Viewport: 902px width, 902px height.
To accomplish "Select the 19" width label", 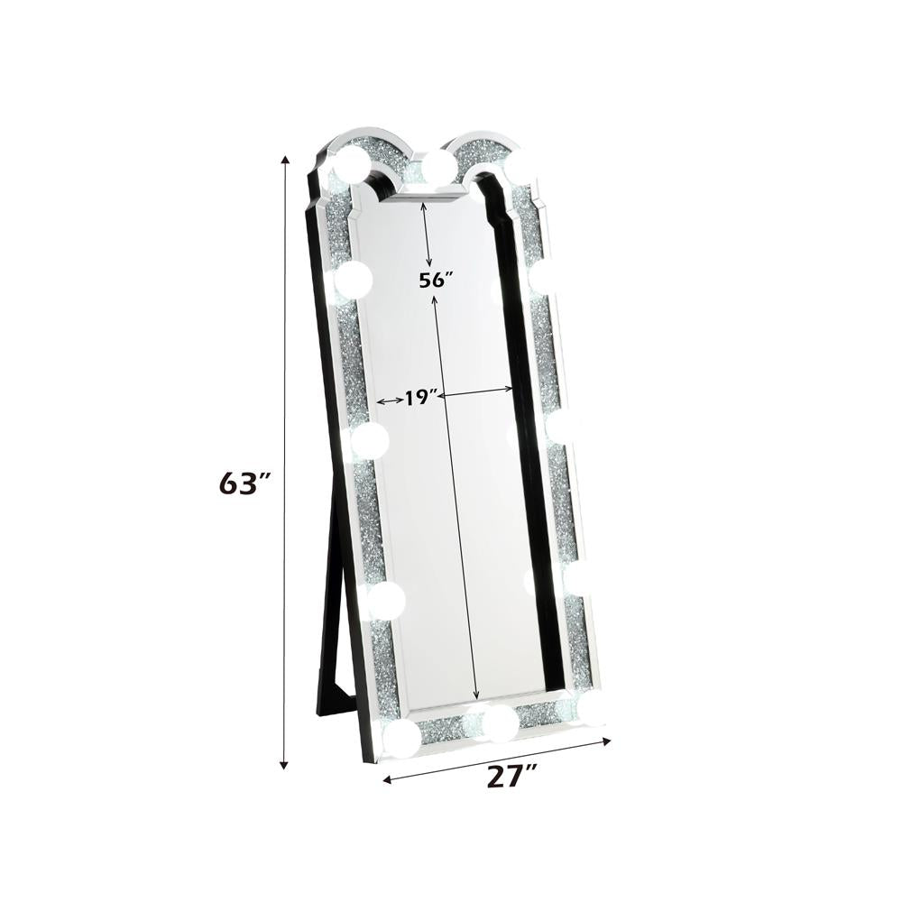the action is [x=421, y=397].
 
